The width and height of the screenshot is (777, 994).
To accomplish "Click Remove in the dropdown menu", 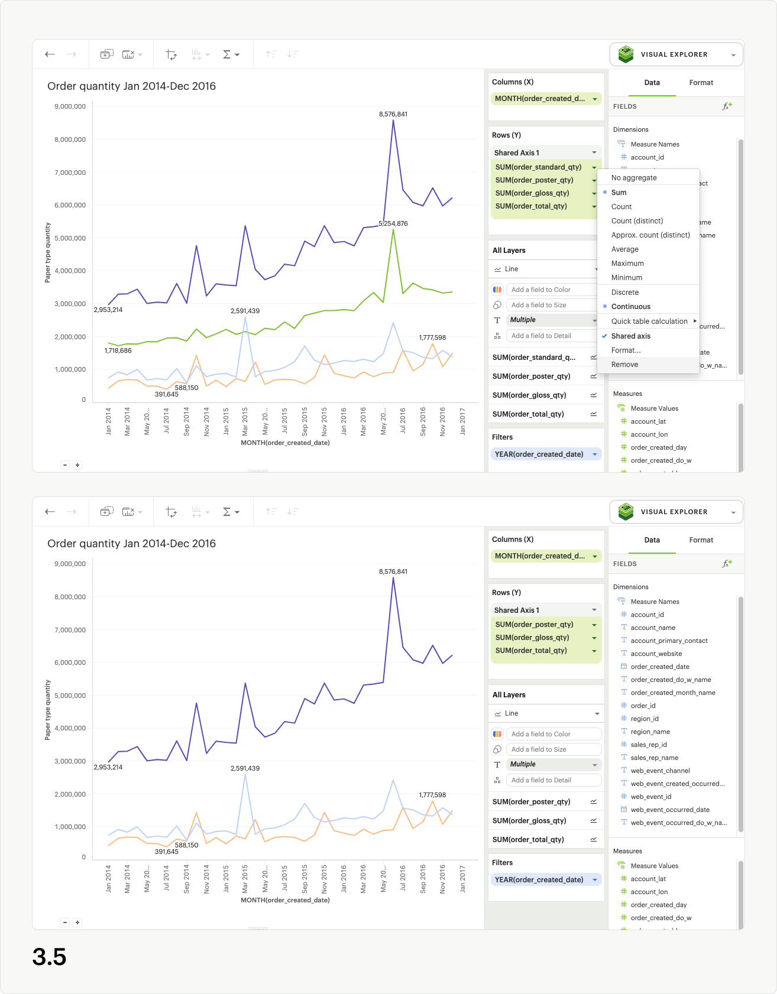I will click(624, 365).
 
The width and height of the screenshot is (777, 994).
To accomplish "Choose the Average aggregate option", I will click(624, 249).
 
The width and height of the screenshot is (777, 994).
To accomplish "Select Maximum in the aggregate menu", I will click(627, 264).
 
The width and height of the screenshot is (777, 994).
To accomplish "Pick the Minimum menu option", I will click(626, 278).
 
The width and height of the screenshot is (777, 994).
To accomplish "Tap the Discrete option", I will click(624, 293).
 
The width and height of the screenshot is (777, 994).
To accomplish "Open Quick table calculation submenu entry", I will click(649, 321).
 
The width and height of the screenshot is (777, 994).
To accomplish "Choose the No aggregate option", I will click(634, 178).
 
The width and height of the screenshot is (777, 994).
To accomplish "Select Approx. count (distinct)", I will click(650, 235).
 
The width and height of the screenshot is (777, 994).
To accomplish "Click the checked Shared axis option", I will click(630, 336).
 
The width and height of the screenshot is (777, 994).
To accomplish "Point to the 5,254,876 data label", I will click(393, 223).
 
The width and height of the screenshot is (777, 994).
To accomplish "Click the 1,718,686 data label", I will click(118, 350).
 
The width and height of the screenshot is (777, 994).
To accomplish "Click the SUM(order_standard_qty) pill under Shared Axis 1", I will click(538, 167).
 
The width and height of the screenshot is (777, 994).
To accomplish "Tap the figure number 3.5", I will click(50, 957).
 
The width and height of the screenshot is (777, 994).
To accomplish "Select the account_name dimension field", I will click(653, 628).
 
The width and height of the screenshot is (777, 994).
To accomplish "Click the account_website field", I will click(656, 654).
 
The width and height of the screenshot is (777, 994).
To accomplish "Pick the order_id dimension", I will click(643, 706).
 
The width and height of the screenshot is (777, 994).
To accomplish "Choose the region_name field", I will click(650, 732).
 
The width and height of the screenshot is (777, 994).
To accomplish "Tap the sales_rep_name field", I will click(654, 758).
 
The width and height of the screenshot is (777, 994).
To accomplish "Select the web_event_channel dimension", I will click(660, 771).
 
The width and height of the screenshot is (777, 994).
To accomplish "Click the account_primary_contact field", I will click(669, 641).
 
